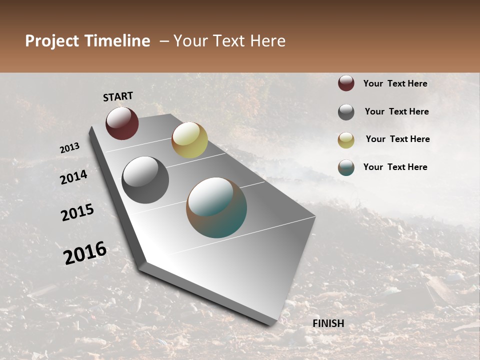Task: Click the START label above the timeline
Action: (x=118, y=96)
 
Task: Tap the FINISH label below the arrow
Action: (x=328, y=323)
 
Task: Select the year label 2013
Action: (x=69, y=148)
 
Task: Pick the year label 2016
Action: (x=85, y=253)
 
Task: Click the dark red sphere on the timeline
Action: (x=122, y=123)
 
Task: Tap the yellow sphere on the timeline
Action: (x=189, y=140)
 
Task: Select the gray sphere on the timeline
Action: (x=145, y=179)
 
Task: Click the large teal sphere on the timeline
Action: (x=216, y=207)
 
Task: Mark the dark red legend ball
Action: (x=346, y=83)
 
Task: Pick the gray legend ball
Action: (x=346, y=112)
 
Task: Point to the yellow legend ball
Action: (x=346, y=140)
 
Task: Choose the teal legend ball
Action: (x=346, y=167)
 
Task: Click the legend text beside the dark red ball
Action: (x=395, y=83)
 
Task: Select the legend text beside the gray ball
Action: (x=396, y=111)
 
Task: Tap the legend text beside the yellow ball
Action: (x=397, y=139)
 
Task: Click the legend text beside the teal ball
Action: (x=395, y=167)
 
